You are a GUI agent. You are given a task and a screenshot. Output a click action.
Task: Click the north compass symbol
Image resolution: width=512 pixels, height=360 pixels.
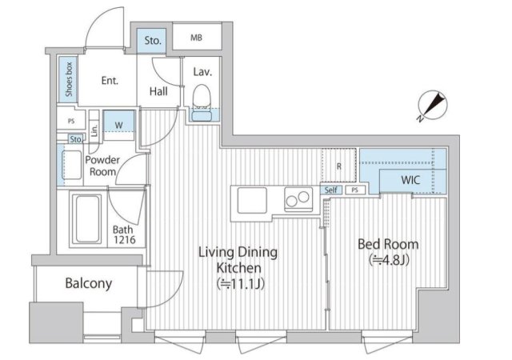click(x=432, y=105)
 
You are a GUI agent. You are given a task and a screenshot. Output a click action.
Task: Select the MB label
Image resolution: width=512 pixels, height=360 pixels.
click(x=196, y=38)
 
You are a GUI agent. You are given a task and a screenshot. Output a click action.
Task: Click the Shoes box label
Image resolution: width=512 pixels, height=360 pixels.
click(x=69, y=79)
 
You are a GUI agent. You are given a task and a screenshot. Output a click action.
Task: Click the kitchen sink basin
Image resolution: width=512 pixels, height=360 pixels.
click(x=252, y=201)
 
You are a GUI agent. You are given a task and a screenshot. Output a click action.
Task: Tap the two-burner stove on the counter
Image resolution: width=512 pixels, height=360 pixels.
click(x=298, y=199)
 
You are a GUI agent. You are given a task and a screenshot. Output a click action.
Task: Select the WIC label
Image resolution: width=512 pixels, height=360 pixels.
click(x=410, y=180)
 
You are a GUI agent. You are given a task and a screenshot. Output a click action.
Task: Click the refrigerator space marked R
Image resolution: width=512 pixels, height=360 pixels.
click(x=338, y=166)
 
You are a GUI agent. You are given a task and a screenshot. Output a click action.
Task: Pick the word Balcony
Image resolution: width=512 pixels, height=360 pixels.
click(x=89, y=283)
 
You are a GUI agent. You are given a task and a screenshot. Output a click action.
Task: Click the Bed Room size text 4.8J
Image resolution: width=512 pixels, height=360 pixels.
click(x=389, y=260)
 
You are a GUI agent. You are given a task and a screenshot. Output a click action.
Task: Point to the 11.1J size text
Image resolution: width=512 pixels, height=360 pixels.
click(x=240, y=284)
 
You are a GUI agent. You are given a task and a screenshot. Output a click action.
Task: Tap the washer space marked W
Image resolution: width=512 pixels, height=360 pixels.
click(x=119, y=126)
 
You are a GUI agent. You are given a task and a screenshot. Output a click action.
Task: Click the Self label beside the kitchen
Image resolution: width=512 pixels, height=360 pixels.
click(x=330, y=190)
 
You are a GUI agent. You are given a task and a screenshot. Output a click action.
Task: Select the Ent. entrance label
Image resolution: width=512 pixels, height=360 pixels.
click(x=110, y=80)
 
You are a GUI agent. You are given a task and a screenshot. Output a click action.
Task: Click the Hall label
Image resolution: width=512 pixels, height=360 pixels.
click(x=158, y=91)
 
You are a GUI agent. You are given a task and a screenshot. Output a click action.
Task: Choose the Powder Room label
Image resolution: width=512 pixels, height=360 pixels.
click(x=102, y=166)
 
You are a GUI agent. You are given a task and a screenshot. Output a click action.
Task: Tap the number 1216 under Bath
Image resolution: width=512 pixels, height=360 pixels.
click(x=125, y=240)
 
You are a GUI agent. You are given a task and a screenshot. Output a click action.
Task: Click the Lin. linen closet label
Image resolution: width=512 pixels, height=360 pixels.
click(x=94, y=130)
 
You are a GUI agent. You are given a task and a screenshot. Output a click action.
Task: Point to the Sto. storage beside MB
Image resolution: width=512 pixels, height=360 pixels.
click(x=153, y=41)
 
